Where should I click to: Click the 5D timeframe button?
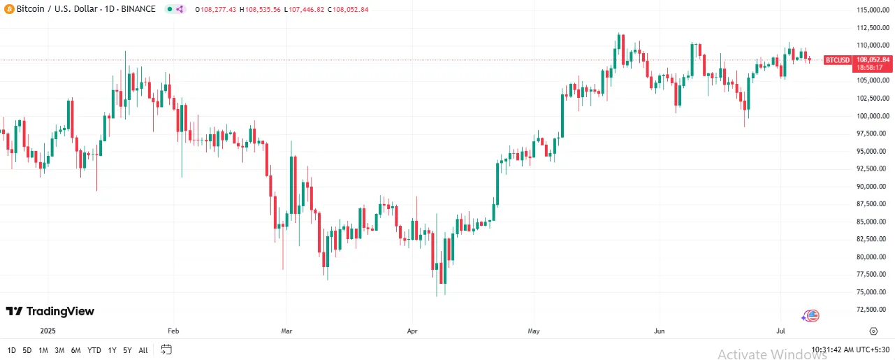pos(27,350)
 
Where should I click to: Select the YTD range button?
pos(94,350)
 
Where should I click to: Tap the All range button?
pos(143,350)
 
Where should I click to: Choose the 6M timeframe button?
pos(75,350)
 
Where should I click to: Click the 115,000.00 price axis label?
pos(873,10)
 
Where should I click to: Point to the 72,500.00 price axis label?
pos(873,309)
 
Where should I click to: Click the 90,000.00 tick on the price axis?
pos(873,186)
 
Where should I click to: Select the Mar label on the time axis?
pos(286,331)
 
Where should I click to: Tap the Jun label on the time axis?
pos(657,331)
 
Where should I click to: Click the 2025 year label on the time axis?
pos(48,331)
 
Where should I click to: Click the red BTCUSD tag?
pos(837,60)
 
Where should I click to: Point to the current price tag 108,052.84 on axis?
pos(873,60)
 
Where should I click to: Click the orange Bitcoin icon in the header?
pos(9,9)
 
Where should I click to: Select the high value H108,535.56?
pos(259,9)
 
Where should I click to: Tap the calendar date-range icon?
pos(166,349)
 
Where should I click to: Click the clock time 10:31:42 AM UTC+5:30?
pos(850,350)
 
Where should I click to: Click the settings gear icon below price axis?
pos(873,331)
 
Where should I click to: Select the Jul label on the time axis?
pos(781,331)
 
